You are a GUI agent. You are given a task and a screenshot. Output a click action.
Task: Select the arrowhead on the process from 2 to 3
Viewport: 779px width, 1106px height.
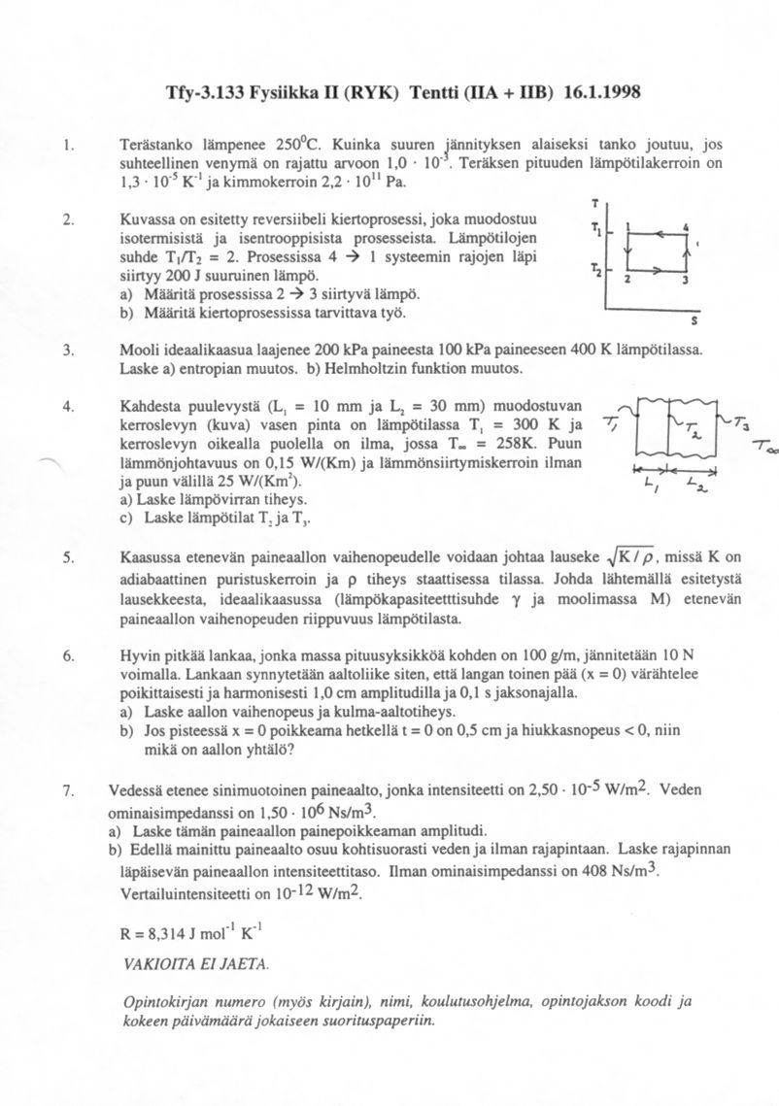660,275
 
